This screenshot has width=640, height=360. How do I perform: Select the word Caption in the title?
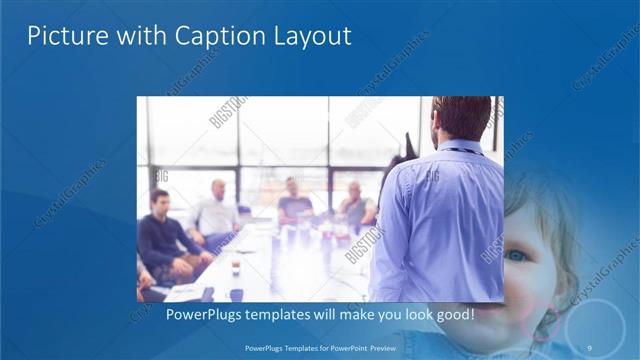(x=210, y=36)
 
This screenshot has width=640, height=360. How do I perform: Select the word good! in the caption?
(x=453, y=315)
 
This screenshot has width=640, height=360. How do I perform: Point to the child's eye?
(x=516, y=256)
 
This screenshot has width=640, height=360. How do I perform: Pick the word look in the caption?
(x=412, y=315)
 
